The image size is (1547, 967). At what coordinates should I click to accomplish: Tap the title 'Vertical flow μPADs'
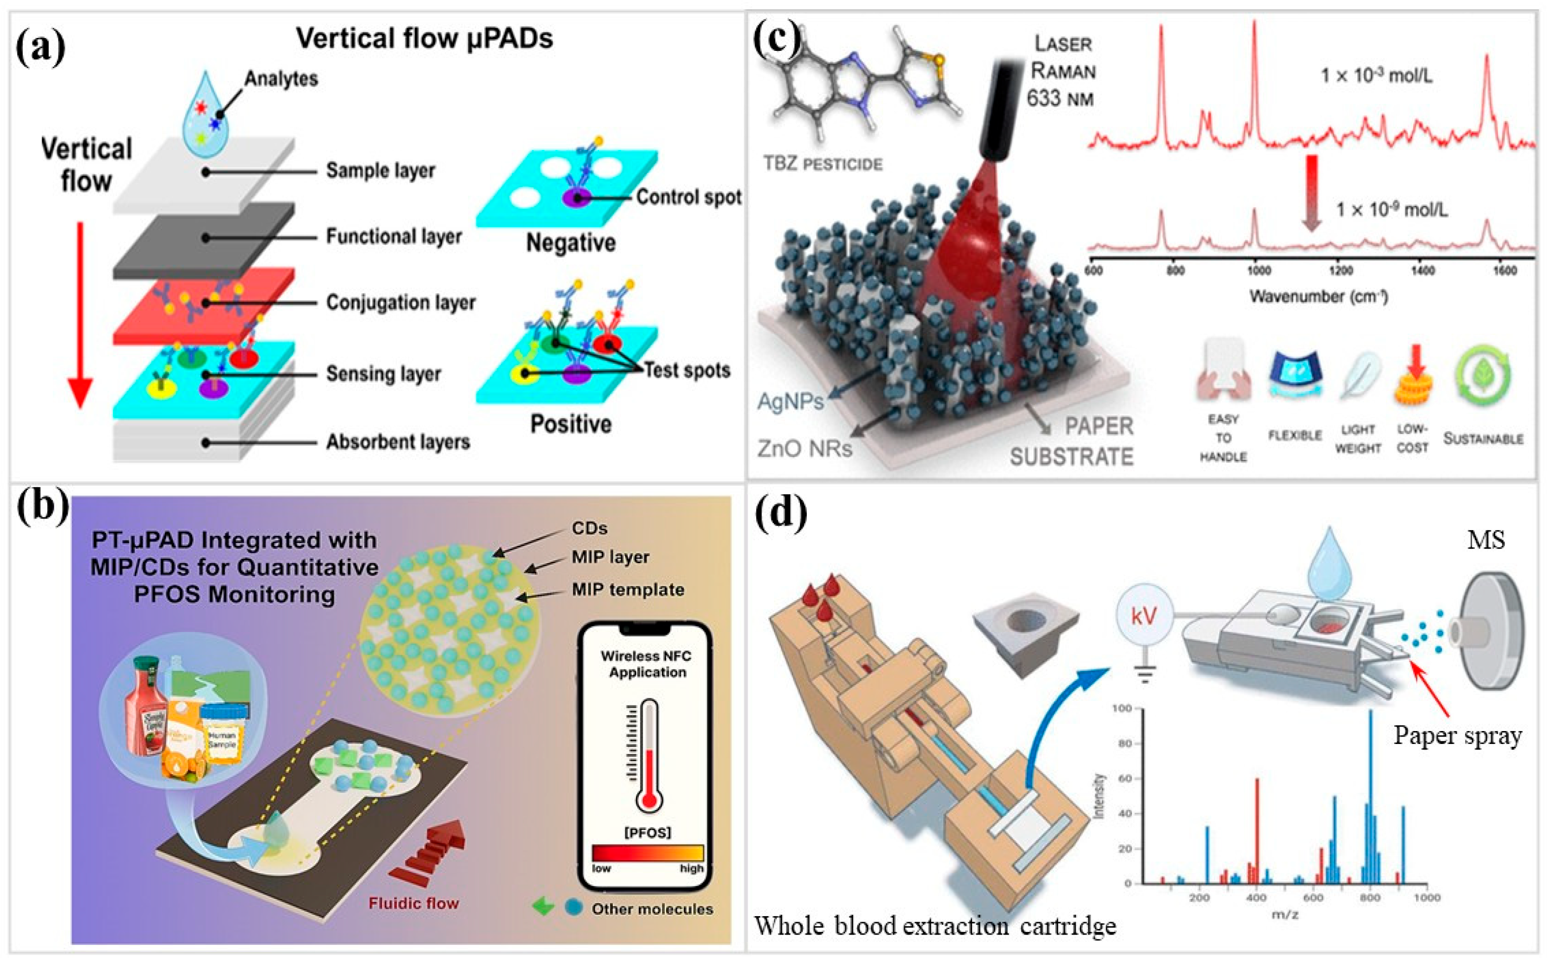click(424, 38)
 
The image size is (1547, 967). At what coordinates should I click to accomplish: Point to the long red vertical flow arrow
click(80, 313)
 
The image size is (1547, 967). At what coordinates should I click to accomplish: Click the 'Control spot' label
click(688, 197)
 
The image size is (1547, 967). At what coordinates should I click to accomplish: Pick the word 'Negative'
click(571, 243)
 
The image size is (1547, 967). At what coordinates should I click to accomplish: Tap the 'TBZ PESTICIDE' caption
click(823, 164)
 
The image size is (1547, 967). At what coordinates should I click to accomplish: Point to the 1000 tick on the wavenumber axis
click(1259, 271)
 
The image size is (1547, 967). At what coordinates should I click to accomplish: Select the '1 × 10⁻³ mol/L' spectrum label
click(1376, 76)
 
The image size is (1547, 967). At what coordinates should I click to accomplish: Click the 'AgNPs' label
click(790, 402)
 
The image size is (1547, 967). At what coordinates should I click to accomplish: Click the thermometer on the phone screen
click(649, 755)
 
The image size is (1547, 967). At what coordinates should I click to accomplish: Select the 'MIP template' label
click(628, 589)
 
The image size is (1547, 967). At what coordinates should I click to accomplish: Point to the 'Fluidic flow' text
click(413, 903)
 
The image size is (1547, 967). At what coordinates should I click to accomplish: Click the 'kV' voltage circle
click(1143, 616)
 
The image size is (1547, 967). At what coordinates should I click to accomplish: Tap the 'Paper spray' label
click(1458, 736)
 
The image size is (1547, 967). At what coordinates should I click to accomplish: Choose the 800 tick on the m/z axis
click(1370, 897)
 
